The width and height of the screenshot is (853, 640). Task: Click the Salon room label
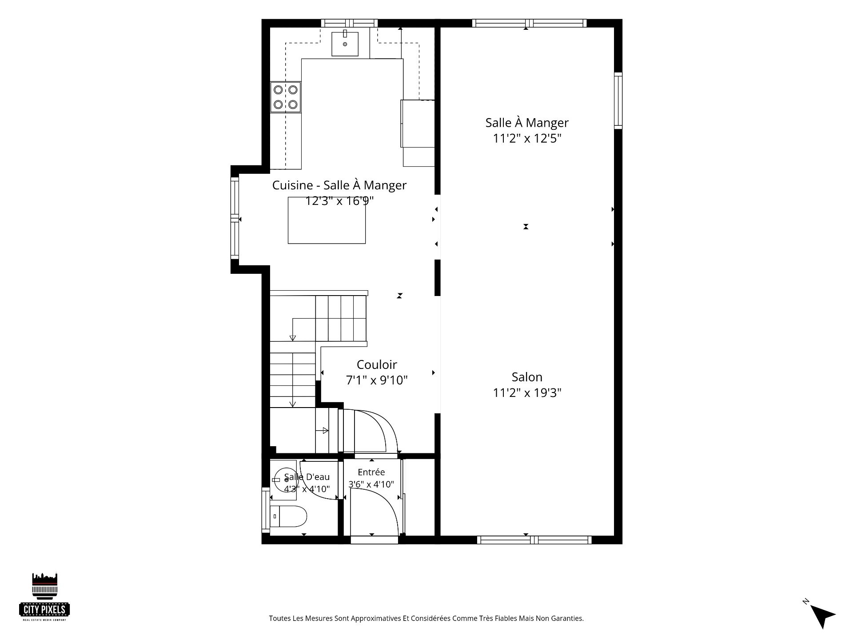click(x=527, y=377)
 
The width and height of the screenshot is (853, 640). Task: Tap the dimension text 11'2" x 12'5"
click(x=527, y=138)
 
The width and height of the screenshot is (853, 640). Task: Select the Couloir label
click(x=377, y=364)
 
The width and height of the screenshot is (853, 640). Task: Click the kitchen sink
click(x=345, y=44)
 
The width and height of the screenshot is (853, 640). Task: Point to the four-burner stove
click(x=285, y=97)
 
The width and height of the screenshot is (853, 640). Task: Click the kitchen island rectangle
click(x=327, y=220)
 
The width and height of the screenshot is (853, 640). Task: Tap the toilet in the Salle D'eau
click(x=288, y=516)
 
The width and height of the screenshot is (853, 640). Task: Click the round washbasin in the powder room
click(x=285, y=480)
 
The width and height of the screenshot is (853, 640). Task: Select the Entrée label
click(x=371, y=472)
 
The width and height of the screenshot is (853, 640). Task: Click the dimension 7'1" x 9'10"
click(x=377, y=380)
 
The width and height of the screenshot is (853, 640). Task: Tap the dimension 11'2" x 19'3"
click(x=527, y=392)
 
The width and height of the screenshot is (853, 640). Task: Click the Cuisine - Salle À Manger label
click(x=339, y=185)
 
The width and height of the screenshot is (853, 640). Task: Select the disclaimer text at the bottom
click(x=426, y=618)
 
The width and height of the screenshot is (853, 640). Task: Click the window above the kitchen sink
click(x=349, y=23)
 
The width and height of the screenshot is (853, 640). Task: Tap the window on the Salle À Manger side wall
click(x=618, y=100)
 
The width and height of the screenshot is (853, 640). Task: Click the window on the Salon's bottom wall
click(x=534, y=540)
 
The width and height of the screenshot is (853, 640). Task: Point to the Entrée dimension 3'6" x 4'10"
click(x=371, y=484)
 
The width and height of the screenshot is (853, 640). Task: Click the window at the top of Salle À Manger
click(x=529, y=23)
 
